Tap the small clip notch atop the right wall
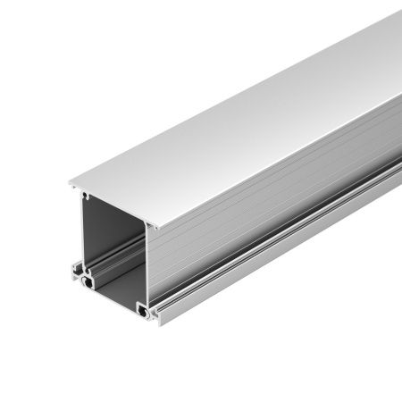click(x=149, y=230)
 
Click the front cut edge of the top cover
click(x=113, y=207)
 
